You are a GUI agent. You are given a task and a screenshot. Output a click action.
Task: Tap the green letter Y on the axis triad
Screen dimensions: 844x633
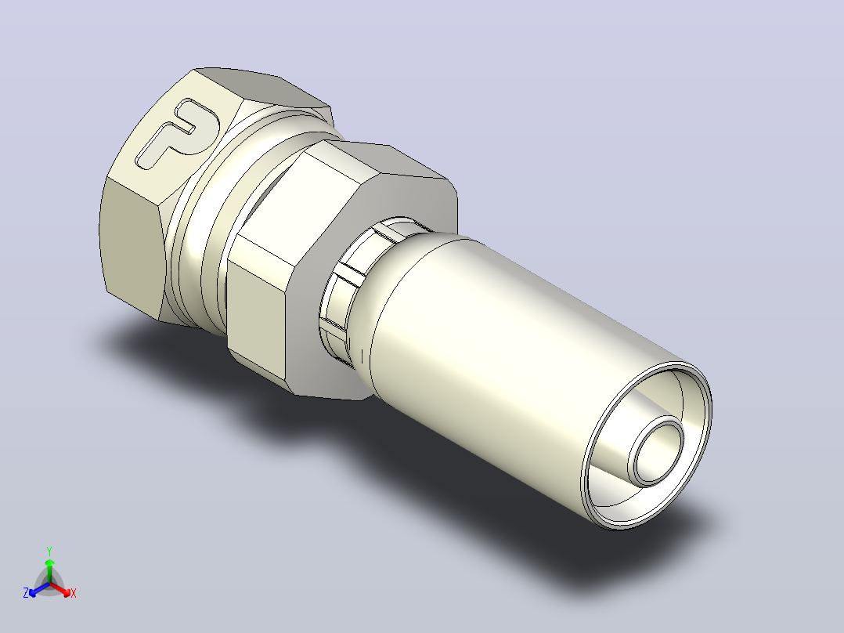(x=49, y=551)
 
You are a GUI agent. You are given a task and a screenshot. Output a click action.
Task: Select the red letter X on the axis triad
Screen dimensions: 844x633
(x=74, y=593)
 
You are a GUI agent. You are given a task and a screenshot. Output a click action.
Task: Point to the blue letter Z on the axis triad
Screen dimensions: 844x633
(x=26, y=593)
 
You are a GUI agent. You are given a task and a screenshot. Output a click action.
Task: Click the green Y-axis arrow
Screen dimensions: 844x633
(x=49, y=570)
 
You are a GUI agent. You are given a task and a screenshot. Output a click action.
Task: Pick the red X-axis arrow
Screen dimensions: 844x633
(x=60, y=589)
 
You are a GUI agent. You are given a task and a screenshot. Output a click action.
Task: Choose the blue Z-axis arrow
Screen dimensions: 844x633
(x=39, y=589)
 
